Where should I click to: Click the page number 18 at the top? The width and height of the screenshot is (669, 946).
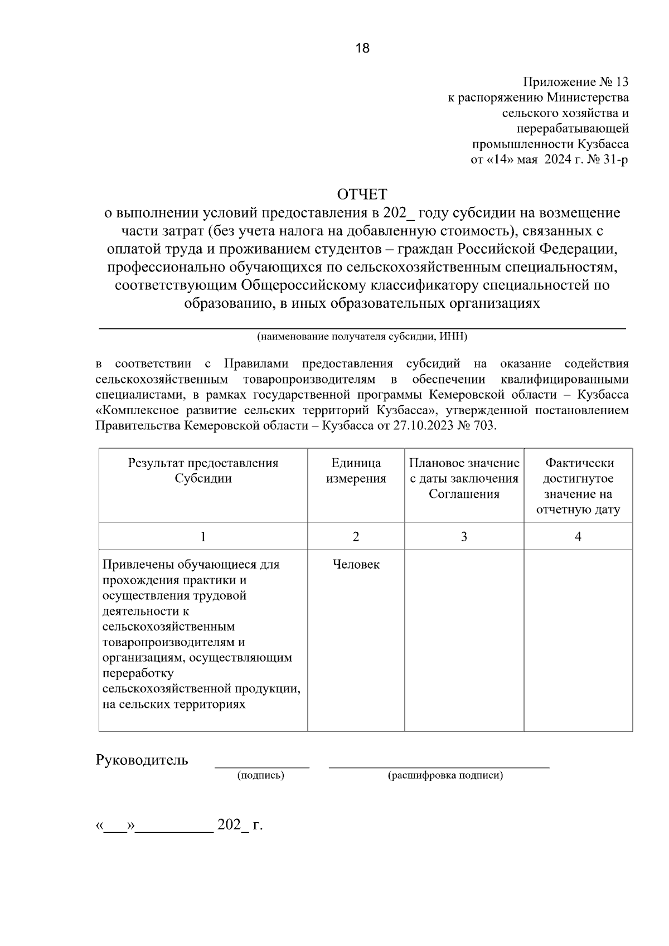[362, 48]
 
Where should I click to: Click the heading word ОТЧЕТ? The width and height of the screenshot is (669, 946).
[362, 195]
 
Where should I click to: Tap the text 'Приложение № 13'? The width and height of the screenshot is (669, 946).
[575, 83]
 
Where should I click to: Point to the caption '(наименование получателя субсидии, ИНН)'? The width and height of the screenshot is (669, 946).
[362, 337]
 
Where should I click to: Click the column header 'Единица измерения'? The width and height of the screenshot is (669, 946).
[356, 471]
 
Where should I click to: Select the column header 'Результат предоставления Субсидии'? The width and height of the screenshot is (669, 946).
[203, 471]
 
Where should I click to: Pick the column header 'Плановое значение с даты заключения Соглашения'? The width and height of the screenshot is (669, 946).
[464, 478]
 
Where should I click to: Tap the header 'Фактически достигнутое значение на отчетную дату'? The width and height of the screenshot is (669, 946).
[578, 486]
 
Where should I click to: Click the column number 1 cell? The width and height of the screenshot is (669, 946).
[203, 536]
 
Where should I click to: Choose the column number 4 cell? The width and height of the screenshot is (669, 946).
[578, 536]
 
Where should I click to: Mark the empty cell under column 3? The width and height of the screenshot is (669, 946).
[464, 640]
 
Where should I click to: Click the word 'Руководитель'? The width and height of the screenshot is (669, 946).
[142, 760]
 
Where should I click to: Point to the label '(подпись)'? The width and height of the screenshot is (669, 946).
[261, 775]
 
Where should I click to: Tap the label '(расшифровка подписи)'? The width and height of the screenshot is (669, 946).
[445, 775]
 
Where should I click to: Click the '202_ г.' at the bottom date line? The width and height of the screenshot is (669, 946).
[240, 825]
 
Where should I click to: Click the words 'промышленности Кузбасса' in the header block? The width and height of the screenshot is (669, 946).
[551, 144]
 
